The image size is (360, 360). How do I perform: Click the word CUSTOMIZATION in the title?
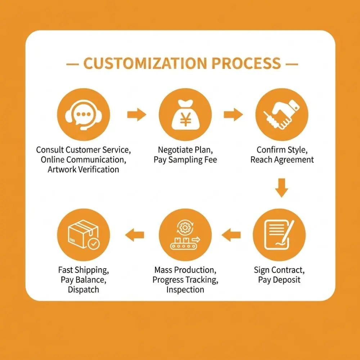tap(145, 63)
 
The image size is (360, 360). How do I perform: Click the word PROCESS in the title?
tap(246, 63)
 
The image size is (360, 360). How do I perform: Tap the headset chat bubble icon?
tap(84, 114)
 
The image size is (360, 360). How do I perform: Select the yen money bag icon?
tap(185, 114)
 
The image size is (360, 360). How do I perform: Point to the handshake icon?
tap(282, 114)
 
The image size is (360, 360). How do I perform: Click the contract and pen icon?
tap(279, 235)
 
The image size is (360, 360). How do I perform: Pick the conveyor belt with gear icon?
tap(185, 235)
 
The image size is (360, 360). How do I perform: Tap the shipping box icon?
tap(84, 235)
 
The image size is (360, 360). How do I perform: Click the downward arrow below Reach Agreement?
tap(282, 188)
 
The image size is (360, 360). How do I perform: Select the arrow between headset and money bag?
tap(137, 114)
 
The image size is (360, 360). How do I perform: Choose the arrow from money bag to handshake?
tap(233, 114)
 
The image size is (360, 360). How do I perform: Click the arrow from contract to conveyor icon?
tap(231, 235)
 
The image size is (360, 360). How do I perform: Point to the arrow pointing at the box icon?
tap(135, 235)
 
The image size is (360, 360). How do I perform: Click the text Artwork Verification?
tap(84, 170)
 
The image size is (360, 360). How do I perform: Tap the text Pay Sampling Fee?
tap(185, 160)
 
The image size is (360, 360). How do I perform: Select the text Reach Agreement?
tap(282, 159)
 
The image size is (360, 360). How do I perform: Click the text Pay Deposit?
tap(279, 280)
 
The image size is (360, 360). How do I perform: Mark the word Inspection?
tap(185, 290)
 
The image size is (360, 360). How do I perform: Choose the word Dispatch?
tap(84, 290)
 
